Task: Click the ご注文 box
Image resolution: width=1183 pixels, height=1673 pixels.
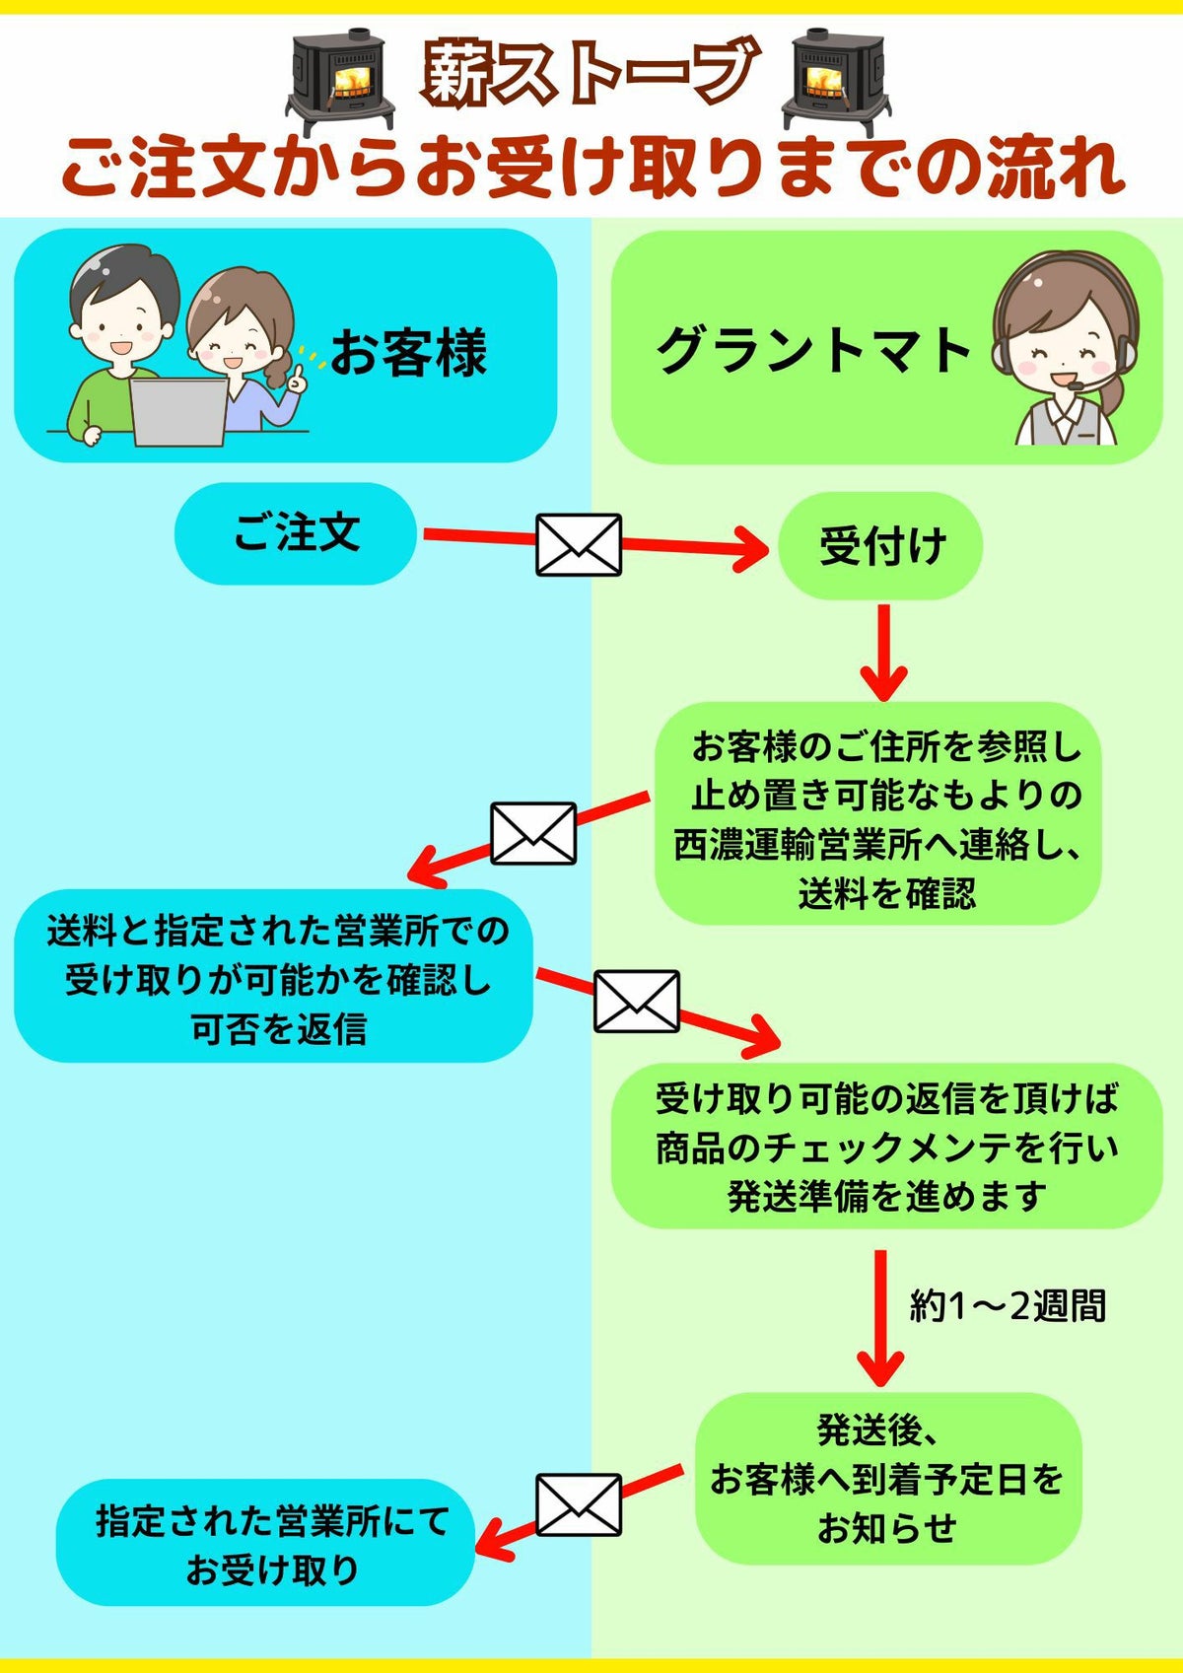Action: point(296,533)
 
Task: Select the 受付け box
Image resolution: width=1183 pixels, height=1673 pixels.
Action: point(880,546)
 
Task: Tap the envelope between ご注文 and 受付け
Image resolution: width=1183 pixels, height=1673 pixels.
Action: point(579,545)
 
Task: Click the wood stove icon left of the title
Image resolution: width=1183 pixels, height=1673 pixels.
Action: point(340,81)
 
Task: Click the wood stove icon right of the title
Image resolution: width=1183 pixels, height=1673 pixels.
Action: point(833,81)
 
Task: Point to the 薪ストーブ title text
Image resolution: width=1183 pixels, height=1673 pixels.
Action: point(590,72)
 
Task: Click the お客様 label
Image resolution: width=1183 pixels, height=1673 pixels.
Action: point(408,353)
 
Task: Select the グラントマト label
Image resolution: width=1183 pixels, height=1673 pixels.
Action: point(814,351)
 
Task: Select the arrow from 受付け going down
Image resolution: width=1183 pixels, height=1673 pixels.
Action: point(883,651)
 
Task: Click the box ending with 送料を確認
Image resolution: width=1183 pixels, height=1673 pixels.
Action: point(877,814)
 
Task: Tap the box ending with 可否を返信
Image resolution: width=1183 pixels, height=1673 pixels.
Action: point(274,976)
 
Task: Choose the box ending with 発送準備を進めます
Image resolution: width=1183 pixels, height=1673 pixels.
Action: point(887,1146)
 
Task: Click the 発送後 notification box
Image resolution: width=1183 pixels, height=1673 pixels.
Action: point(887,1478)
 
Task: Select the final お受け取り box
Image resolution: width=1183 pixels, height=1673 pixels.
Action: point(266,1543)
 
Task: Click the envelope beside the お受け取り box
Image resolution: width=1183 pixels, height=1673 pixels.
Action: point(579,1505)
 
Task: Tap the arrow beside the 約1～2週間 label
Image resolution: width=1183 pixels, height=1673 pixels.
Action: point(880,1316)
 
